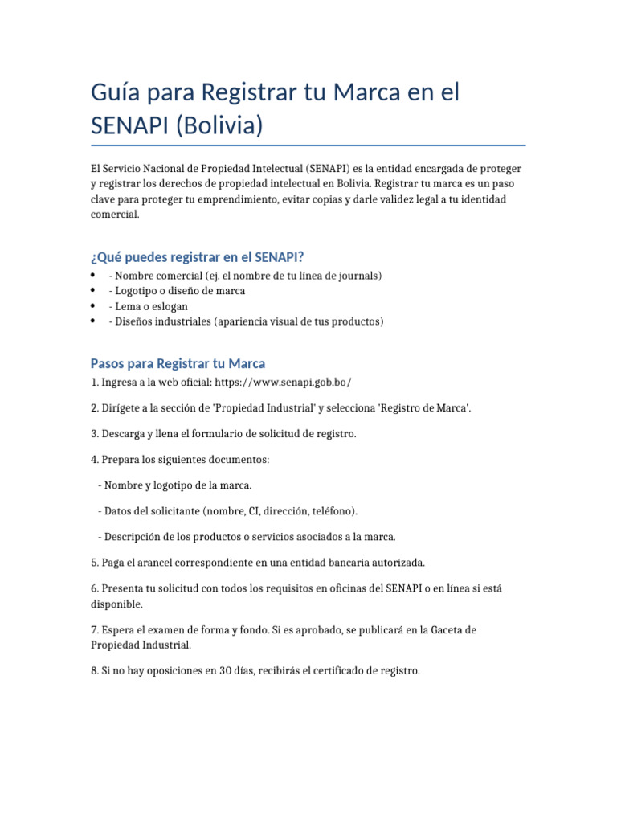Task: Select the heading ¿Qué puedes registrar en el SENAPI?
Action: coord(197,257)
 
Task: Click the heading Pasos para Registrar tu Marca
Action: coord(178,363)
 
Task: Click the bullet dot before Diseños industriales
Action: coord(94,321)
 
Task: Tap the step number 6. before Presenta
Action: coord(95,588)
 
